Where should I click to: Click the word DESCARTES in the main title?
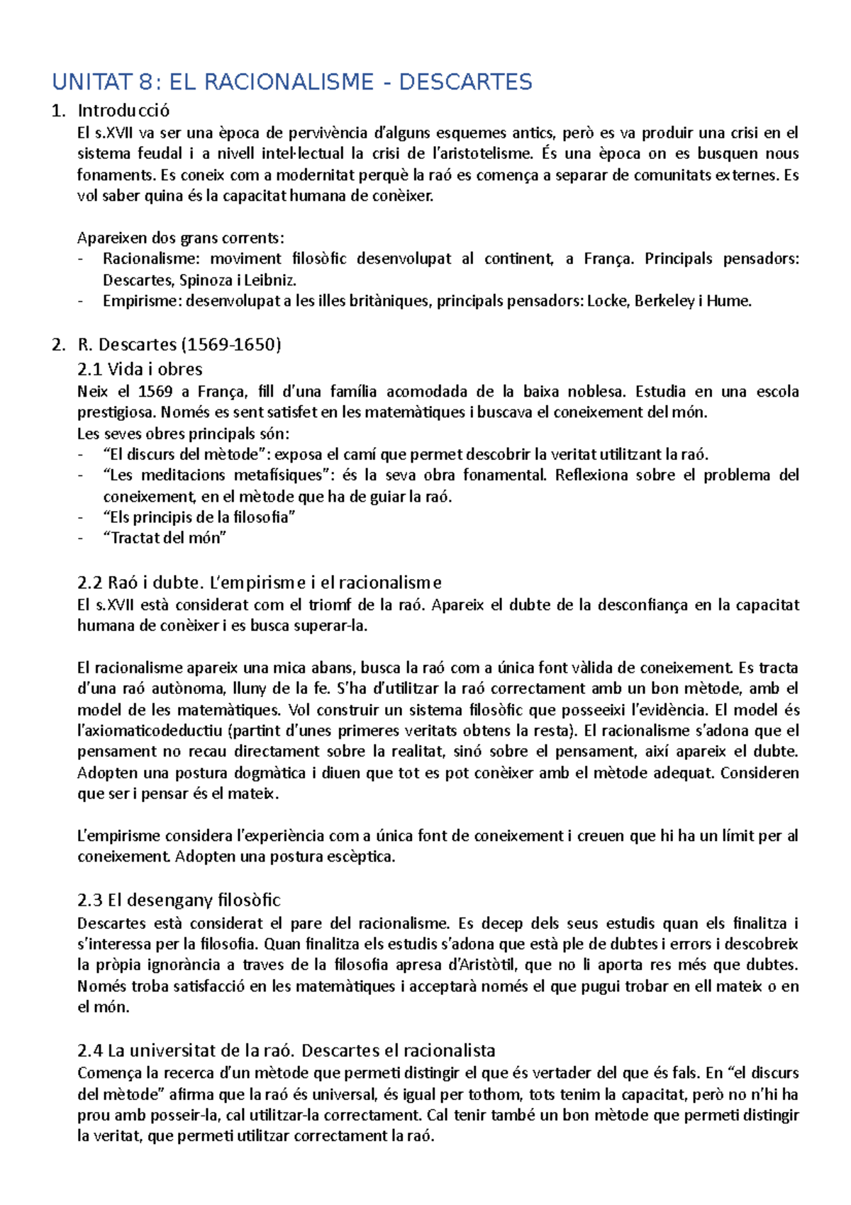click(465, 82)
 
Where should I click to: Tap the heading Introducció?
click(123, 111)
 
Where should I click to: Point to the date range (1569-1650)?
click(232, 345)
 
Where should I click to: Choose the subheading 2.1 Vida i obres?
click(140, 369)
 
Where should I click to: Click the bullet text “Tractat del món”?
click(165, 538)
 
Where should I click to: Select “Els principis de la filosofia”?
click(199, 517)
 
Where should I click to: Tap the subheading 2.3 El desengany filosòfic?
click(179, 901)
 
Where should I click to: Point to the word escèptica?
click(360, 857)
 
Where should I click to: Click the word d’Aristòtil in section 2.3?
click(482, 965)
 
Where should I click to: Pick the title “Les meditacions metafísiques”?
click(218, 475)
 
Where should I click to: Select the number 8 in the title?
click(145, 82)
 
